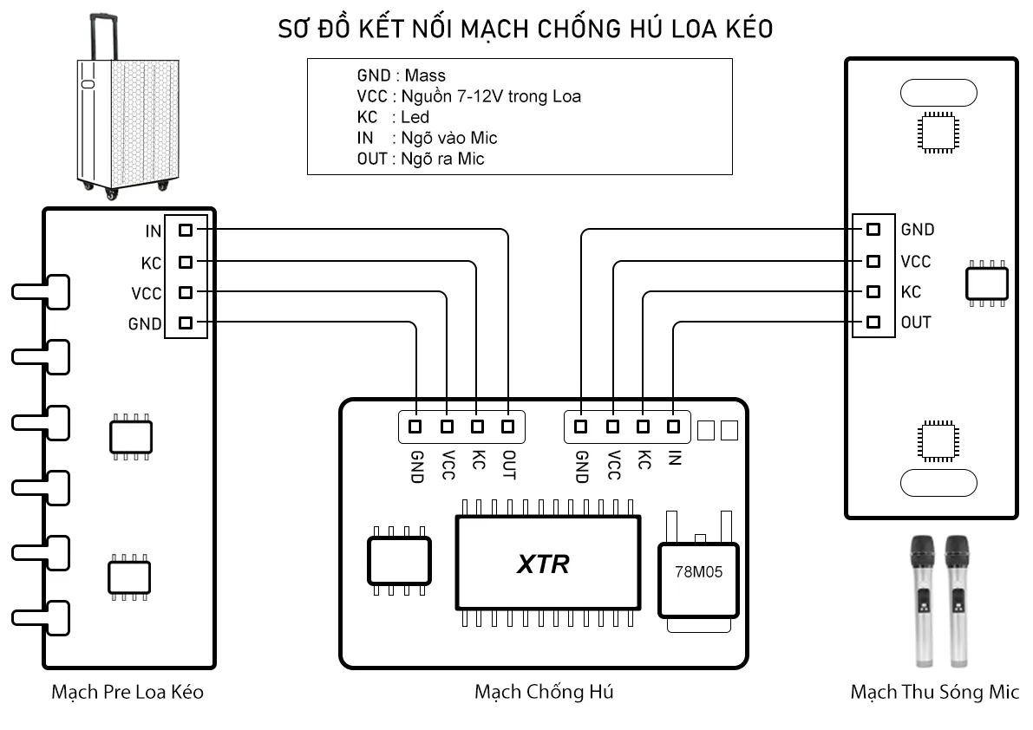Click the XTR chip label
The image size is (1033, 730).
click(x=544, y=564)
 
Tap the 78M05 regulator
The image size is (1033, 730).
click(x=698, y=573)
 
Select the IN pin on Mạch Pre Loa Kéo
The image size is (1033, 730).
click(x=185, y=230)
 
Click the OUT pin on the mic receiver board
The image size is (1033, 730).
click(x=873, y=323)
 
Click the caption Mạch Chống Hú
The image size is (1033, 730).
click(x=544, y=692)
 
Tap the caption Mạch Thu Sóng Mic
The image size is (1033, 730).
click(x=935, y=692)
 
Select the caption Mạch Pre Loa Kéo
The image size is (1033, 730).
click(x=127, y=692)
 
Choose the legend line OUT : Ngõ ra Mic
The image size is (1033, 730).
click(x=421, y=159)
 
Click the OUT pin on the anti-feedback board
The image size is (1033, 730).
click(x=508, y=426)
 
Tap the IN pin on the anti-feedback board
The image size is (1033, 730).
click(x=673, y=426)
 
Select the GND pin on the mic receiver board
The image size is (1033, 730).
click(x=873, y=229)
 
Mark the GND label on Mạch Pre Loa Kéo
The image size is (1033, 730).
click(x=145, y=324)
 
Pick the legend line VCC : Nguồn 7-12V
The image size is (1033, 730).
click(x=468, y=96)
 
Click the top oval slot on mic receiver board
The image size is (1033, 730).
click(x=938, y=92)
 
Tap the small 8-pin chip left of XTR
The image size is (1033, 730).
click(x=400, y=561)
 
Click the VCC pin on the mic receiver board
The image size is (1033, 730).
click(x=873, y=260)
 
